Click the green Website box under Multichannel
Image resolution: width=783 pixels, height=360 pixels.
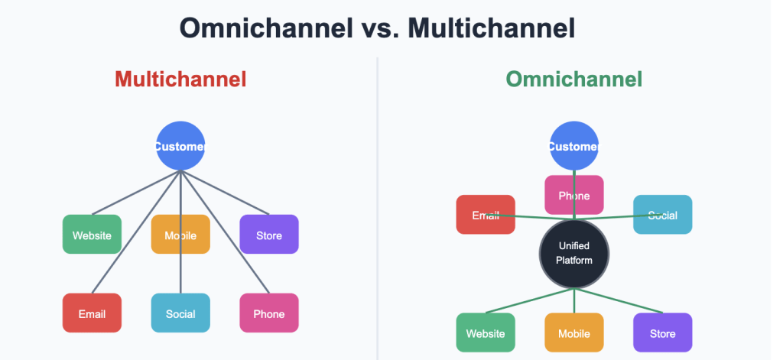92,234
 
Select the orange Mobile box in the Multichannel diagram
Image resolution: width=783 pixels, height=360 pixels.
180,234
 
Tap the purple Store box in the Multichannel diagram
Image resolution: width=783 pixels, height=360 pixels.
269,234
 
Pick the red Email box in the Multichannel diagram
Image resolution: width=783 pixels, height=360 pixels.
92,313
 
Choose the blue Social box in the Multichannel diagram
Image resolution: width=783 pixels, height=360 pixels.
180,313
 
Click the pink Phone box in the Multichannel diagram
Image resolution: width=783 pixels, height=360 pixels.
269,313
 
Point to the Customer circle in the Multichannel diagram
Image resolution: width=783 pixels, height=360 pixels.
180,146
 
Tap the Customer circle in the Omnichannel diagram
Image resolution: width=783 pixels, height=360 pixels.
574,146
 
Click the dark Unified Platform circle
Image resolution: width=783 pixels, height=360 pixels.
574,254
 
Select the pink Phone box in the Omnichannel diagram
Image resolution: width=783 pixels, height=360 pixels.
574,195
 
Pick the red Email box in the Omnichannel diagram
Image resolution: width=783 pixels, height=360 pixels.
486,215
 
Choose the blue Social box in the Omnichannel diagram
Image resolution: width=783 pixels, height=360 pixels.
663,215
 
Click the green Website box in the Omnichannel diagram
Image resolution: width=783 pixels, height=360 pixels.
486,332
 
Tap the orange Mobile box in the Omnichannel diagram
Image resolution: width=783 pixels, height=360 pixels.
574,332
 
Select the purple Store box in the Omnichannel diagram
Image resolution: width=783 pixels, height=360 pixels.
663,332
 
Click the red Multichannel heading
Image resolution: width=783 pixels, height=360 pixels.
180,79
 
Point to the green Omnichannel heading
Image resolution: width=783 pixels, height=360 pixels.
574,79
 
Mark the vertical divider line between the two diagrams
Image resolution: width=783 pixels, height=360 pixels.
378,209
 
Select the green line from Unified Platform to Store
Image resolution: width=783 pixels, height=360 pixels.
618,300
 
